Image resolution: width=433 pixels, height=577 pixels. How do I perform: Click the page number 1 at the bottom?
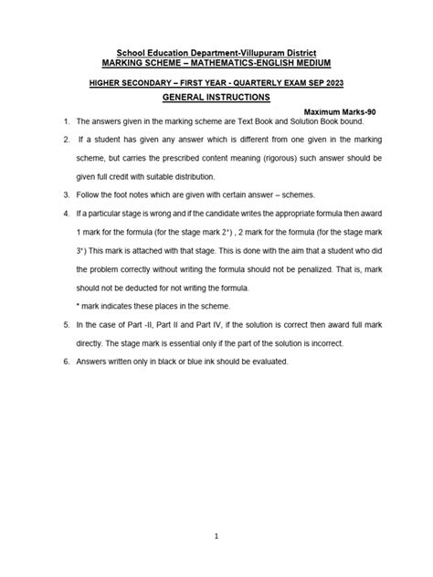coord(216,537)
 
